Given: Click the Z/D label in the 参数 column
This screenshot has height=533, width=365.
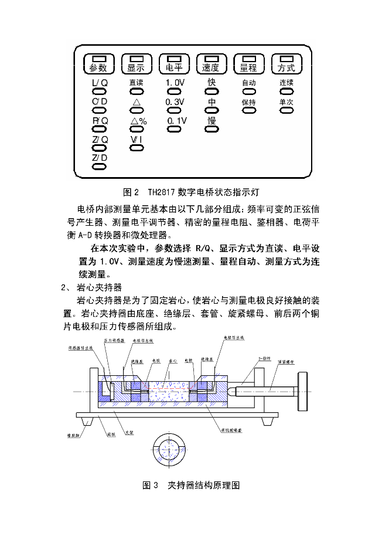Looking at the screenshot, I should click(100, 158).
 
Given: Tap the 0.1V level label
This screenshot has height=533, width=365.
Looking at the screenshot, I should click(176, 121).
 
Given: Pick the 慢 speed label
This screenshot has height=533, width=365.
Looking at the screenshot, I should click(212, 120).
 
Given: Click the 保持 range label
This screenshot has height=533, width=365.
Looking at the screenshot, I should click(249, 102).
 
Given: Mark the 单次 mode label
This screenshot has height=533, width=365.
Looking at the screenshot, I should click(286, 102).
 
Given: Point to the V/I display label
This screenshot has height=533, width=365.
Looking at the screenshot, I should click(137, 140).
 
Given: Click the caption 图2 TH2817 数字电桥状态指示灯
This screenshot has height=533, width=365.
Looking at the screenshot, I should click(195, 192).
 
